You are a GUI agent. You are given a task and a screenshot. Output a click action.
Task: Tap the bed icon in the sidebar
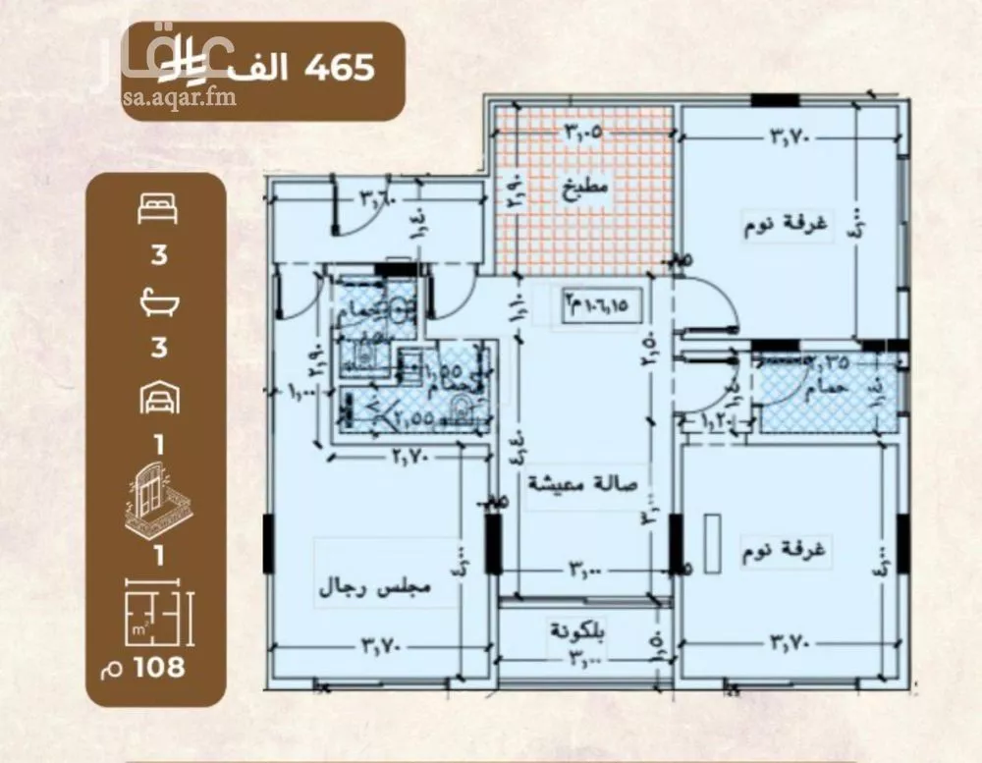(x=157, y=209)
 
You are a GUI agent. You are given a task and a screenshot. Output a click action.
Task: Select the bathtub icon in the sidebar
(x=157, y=301)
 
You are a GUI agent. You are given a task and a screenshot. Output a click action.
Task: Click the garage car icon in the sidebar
(x=157, y=397)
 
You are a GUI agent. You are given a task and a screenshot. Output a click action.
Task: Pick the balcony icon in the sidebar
(x=157, y=493)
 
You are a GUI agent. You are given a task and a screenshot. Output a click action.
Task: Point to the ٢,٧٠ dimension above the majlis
(x=413, y=456)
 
